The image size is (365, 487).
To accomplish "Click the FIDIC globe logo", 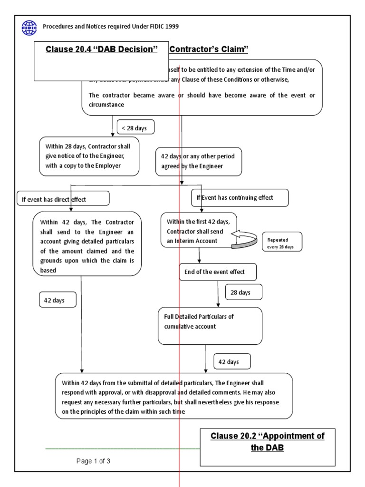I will (29, 28).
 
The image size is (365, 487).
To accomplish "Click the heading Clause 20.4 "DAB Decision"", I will (101, 49).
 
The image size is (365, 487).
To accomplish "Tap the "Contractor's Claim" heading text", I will (209, 49).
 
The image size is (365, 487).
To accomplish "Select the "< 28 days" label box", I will (135, 128).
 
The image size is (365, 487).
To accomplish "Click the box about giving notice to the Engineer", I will (89, 156).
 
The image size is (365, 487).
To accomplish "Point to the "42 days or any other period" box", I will (199, 161).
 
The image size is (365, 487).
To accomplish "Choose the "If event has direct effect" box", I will (63, 199).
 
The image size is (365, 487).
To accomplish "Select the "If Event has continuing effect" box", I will (240, 198).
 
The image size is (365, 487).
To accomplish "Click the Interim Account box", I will (198, 230).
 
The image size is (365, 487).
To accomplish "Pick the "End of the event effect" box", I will (218, 272).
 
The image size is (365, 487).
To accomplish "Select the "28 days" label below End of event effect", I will (240, 292).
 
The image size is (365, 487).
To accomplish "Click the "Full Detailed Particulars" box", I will (210, 325).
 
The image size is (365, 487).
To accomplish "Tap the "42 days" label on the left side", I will (57, 300).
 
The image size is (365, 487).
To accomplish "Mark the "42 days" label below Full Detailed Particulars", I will (232, 362).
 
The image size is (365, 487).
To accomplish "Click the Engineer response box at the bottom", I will (174, 396).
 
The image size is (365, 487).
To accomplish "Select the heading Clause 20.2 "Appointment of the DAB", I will (267, 441).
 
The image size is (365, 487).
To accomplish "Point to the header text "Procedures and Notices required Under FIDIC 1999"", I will (111, 27).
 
